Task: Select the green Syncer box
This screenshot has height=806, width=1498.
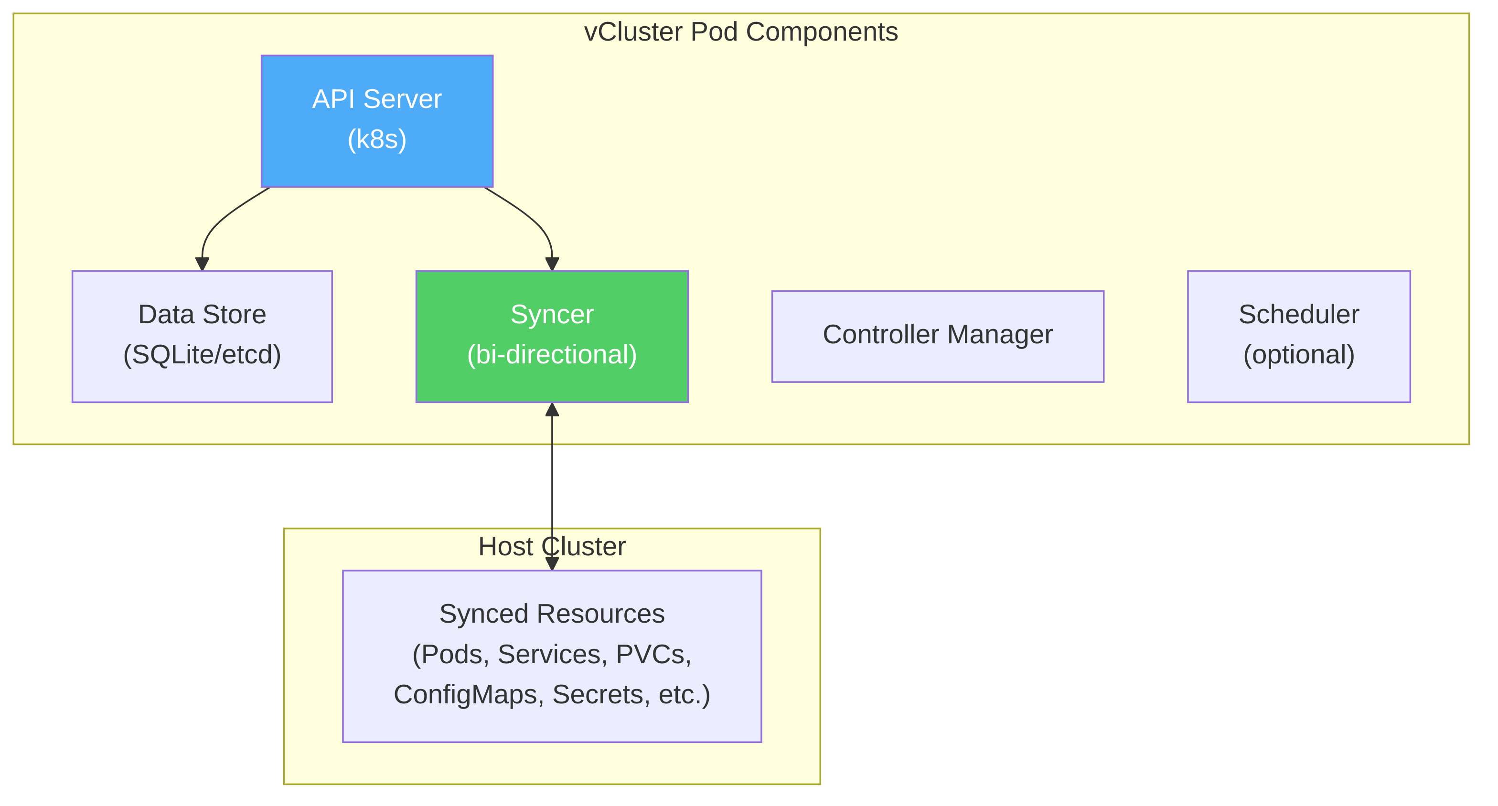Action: pos(552,336)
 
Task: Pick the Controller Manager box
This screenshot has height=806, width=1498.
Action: pos(937,335)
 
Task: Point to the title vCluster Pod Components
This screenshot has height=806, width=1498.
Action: pos(741,32)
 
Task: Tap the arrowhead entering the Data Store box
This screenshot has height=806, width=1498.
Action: pos(202,264)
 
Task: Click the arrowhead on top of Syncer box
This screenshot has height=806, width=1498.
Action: pos(552,264)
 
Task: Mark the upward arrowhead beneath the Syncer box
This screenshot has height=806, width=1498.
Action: pos(552,410)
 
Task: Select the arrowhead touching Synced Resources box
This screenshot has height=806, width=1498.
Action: pos(552,564)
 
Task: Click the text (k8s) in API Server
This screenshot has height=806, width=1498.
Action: pos(377,139)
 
